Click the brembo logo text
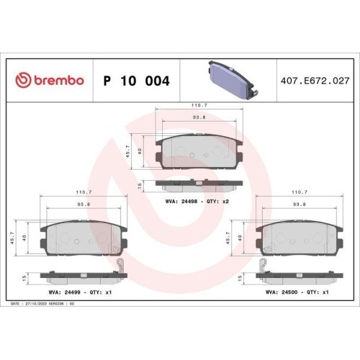point(59,80)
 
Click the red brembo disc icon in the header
point(23,80)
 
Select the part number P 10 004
point(137,81)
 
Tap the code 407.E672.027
point(315,81)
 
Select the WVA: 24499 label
point(65,292)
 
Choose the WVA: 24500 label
point(282,292)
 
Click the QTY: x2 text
point(217,202)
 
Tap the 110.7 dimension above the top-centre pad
point(199,105)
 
